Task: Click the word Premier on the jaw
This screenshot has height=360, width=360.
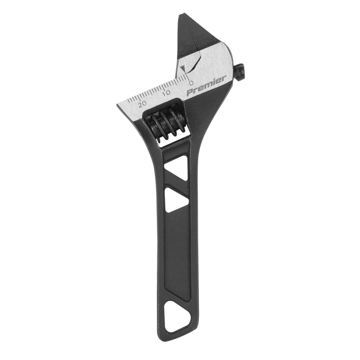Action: pyautogui.click(x=206, y=85)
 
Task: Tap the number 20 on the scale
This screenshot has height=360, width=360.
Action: pyautogui.click(x=142, y=104)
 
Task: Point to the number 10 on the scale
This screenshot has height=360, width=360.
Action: pyautogui.click(x=167, y=93)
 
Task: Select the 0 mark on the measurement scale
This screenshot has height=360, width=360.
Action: pyautogui.click(x=191, y=82)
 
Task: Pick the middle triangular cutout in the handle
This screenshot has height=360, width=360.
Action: pyautogui.click(x=176, y=200)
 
